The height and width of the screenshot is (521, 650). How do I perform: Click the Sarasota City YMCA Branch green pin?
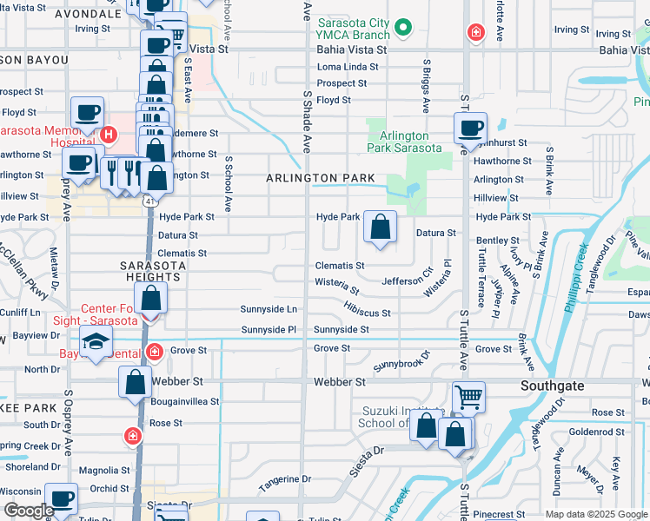(401, 29)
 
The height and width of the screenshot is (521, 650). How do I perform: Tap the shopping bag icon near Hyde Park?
(380, 228)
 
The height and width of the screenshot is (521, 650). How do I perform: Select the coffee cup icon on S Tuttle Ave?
(470, 129)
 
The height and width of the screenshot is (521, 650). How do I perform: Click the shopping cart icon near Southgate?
(468, 398)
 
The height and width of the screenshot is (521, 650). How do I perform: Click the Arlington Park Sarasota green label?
(404, 142)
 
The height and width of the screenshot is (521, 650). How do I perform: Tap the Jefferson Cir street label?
(407, 280)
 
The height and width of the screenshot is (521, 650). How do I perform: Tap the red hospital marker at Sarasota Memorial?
(109, 135)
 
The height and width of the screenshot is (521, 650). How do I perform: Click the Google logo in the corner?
(29, 511)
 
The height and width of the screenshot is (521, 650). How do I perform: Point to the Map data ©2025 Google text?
(596, 514)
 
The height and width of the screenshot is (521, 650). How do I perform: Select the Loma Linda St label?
(342, 67)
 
